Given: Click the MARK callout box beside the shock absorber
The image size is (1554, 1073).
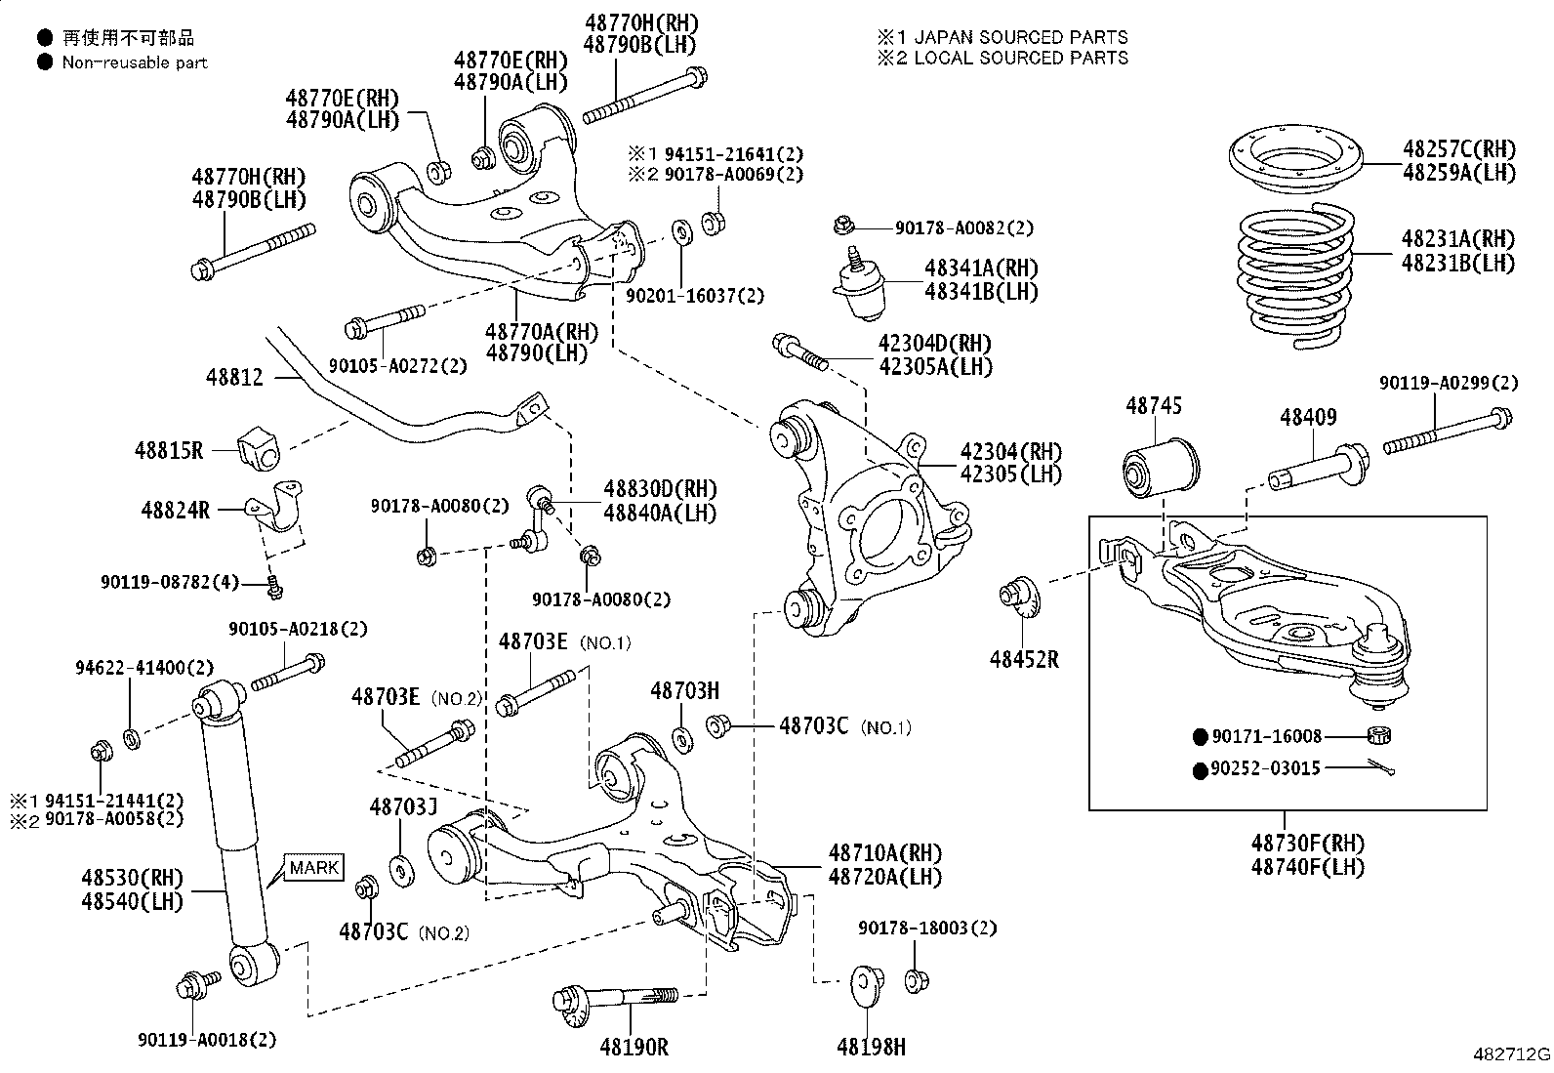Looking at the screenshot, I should pyautogui.click(x=314, y=867).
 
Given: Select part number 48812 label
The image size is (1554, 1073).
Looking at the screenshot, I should pyautogui.click(x=235, y=376).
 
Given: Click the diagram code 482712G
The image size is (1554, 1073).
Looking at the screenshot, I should pyautogui.click(x=1511, y=1054).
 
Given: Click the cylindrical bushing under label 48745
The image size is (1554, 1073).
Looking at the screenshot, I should pyautogui.click(x=1158, y=469).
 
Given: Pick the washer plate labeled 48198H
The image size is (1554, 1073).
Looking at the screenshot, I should pyautogui.click(x=866, y=984).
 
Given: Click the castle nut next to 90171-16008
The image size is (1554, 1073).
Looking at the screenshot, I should pyautogui.click(x=1380, y=736).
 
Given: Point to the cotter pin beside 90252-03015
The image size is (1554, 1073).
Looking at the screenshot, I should pyautogui.click(x=1380, y=768).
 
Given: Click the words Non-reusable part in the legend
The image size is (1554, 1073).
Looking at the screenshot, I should pyautogui.click(x=135, y=62).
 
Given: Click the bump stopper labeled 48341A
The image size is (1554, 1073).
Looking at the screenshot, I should pyautogui.click(x=860, y=289).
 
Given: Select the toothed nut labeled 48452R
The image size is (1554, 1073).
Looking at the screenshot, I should pyautogui.click(x=1015, y=598).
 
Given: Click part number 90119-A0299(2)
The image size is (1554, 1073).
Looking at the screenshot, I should pyautogui.click(x=1449, y=384).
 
